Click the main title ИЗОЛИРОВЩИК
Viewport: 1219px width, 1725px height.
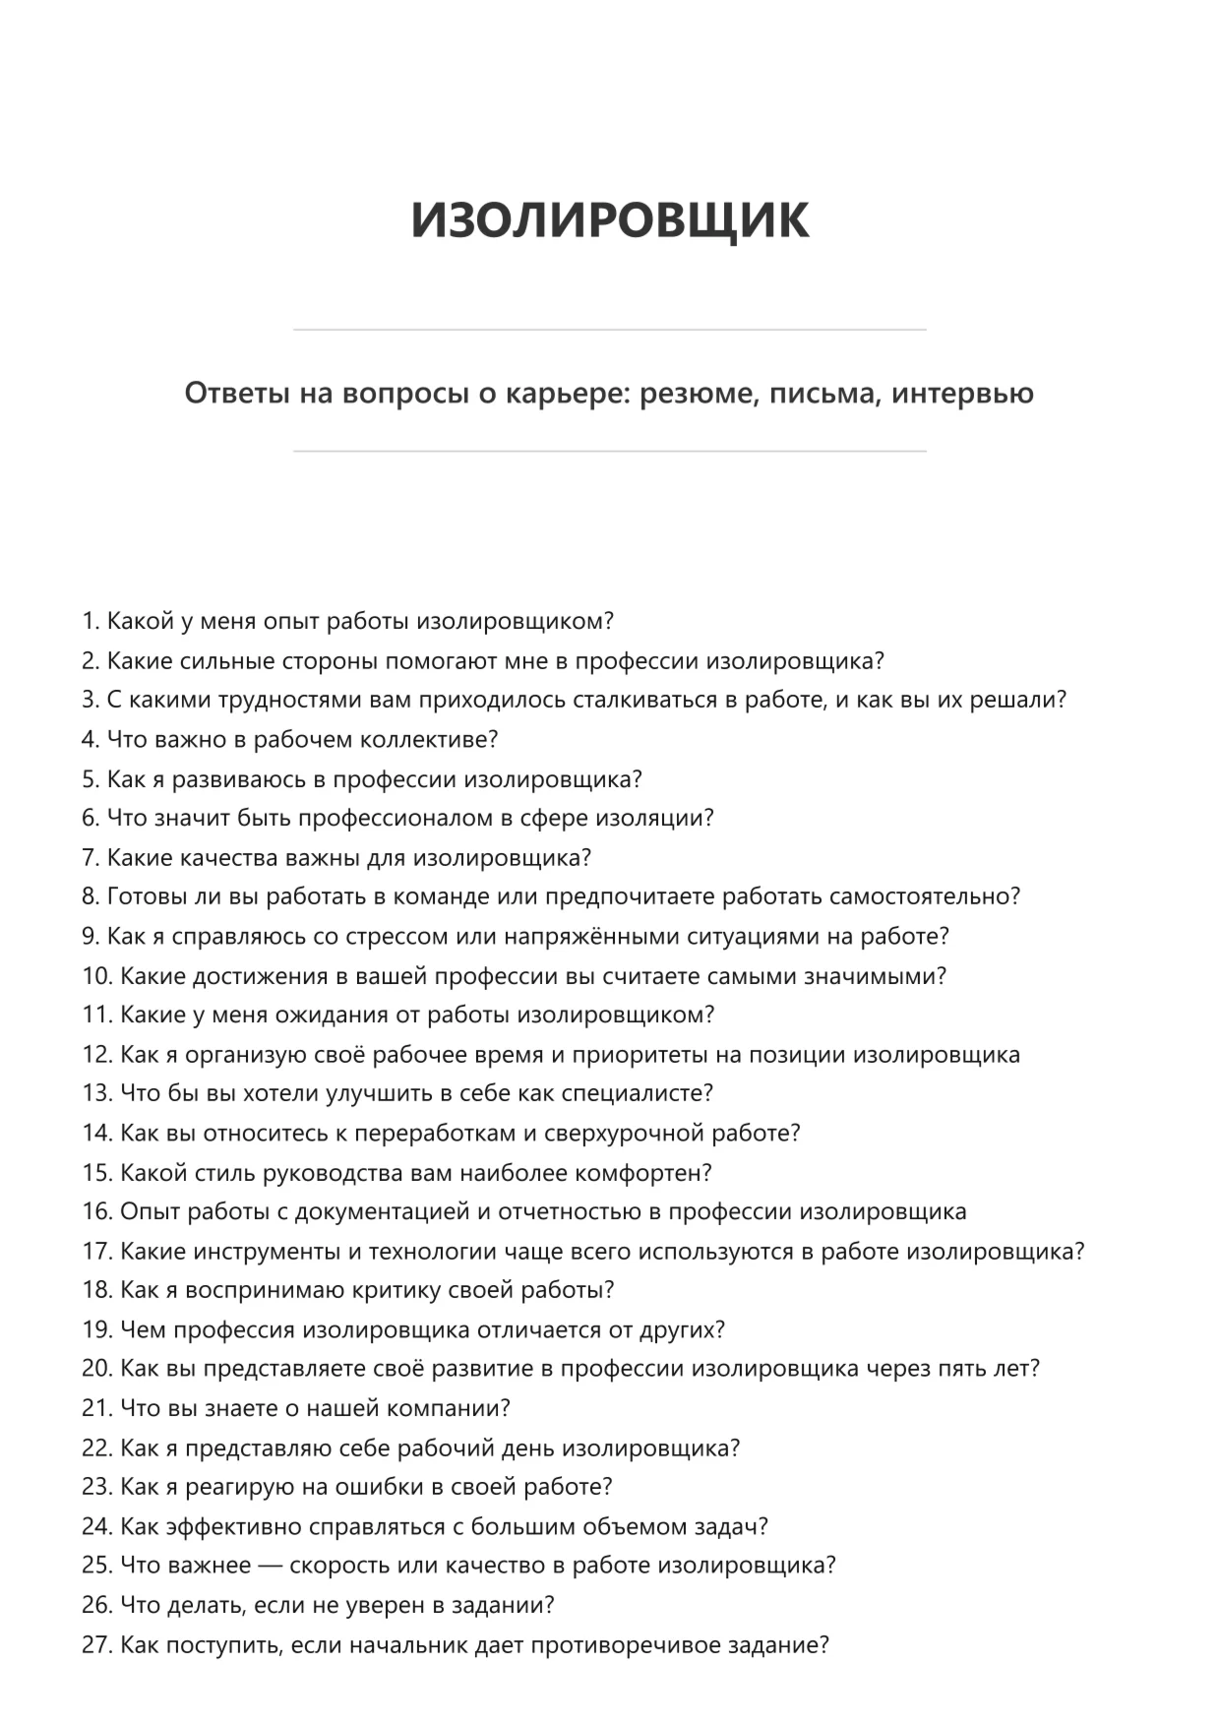[x=609, y=219]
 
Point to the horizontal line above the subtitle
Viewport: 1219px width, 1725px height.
[x=609, y=330]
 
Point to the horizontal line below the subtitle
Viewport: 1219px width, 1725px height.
[x=609, y=452]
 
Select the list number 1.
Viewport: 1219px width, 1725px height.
[x=91, y=622]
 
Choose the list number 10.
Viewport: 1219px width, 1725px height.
[x=96, y=976]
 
